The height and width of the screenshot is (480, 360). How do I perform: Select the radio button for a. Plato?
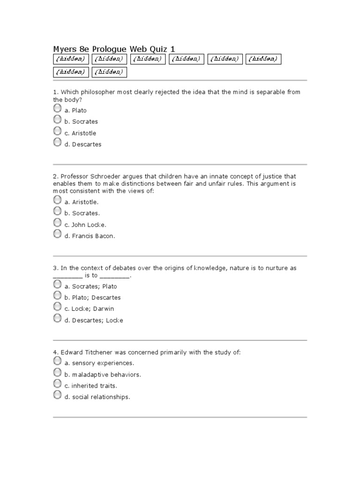tap(57, 108)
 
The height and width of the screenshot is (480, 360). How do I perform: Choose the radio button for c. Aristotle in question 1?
tap(57, 131)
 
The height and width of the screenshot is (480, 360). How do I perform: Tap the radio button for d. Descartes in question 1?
tap(57, 142)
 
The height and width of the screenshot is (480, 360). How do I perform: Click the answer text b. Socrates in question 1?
tap(81, 122)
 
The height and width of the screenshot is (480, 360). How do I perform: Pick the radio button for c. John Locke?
tap(57, 222)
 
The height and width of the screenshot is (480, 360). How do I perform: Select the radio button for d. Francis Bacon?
tap(57, 233)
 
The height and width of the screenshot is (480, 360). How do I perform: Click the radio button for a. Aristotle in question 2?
tap(57, 200)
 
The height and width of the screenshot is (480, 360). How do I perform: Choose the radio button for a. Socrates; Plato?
tap(57, 284)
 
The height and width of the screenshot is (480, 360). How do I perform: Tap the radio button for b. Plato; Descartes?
tap(57, 295)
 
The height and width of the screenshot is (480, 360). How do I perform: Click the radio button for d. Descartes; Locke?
tap(57, 318)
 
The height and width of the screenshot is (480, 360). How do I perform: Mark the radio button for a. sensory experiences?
tap(57, 360)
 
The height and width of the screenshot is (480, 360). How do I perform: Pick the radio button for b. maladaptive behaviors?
tap(57, 372)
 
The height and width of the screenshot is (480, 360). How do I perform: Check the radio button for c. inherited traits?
tap(57, 383)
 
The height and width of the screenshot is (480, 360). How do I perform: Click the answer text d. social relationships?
tap(97, 397)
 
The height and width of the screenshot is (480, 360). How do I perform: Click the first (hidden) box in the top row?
tap(71, 59)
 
